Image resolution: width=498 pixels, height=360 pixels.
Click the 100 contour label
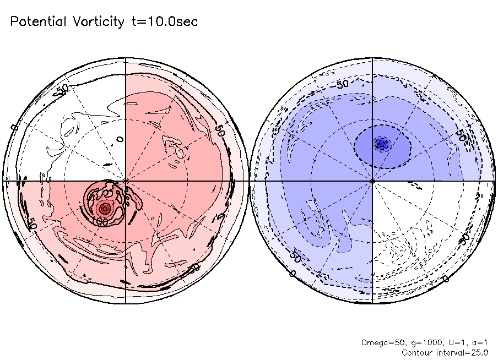click(x=100, y=221)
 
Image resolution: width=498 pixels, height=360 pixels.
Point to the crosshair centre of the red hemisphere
click(x=126, y=181)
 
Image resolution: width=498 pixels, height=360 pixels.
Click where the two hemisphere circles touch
click(x=249, y=181)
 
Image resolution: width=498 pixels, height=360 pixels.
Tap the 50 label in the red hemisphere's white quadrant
click(x=63, y=89)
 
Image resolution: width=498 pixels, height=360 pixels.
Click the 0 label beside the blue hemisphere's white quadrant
click(x=446, y=279)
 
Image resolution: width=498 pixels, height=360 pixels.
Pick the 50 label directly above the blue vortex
click(x=342, y=84)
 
